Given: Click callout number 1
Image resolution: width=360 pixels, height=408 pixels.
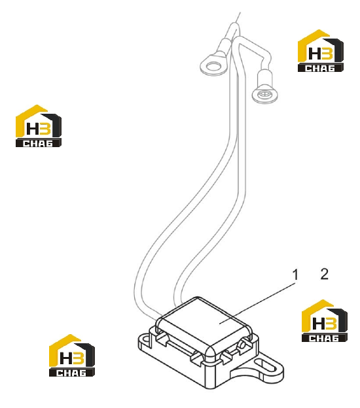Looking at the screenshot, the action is tap(295, 275).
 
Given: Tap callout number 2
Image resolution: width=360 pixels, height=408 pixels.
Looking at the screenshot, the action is tap(324, 274).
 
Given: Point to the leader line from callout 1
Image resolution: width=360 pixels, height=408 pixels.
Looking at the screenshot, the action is tap(257, 303).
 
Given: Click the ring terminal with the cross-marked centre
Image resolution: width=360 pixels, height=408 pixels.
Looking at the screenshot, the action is tap(264, 93).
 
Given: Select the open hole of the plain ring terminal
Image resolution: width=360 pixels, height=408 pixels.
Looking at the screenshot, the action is tap(213, 66).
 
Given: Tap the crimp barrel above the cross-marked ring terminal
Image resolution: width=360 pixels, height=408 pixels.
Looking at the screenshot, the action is tap(264, 78).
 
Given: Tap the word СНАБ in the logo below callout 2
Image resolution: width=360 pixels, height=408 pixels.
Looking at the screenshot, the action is tap(324, 338).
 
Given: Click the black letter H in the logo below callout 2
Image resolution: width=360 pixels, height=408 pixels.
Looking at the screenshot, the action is tap(318, 324).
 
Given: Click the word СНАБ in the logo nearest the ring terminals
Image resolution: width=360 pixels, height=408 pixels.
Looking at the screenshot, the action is tap(320, 68).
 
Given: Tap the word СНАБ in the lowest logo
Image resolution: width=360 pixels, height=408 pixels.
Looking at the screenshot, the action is tap(71, 373).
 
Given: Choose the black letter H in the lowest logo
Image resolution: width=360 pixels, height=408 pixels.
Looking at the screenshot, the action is tap(65, 358).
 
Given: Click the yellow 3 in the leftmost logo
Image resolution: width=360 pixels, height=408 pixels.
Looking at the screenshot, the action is tap(46, 129).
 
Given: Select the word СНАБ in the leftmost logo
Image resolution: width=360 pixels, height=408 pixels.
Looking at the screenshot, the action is tap(38, 143).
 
